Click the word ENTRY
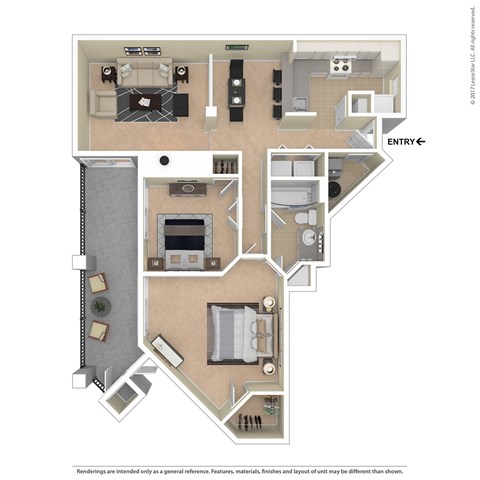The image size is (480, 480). tap(401, 142)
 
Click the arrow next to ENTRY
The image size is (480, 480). tap(422, 142)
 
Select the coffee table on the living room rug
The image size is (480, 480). tap(149, 100)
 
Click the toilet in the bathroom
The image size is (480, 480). tap(311, 216)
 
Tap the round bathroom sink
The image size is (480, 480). tap(309, 237)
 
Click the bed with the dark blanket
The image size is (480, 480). tap(183, 236)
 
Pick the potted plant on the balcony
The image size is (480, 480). tap(99, 306)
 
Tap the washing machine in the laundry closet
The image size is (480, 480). tap(335, 186)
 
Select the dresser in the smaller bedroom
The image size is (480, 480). tap(185, 189)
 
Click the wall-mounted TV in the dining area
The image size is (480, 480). tap(237, 46)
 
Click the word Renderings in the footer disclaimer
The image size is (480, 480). tap(95, 441)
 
